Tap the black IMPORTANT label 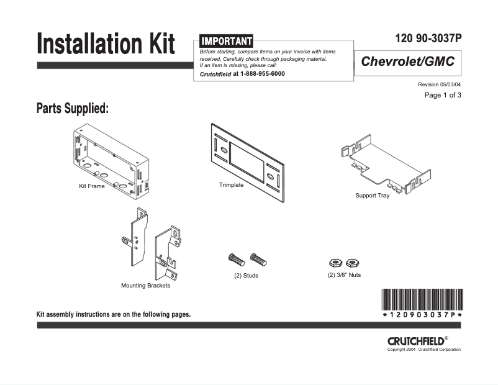pyautogui.click(x=226, y=41)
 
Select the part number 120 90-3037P pyautogui.click(x=428, y=38)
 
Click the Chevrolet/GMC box pyautogui.click(x=407, y=62)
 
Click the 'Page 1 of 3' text pyautogui.click(x=442, y=95)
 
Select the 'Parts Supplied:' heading pyautogui.click(x=73, y=109)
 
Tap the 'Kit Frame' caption pyautogui.click(x=91, y=186)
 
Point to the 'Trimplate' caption pyautogui.click(x=231, y=185)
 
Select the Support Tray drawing pyautogui.click(x=380, y=163)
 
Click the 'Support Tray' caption pyautogui.click(x=372, y=196)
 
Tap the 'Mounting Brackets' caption pyautogui.click(x=145, y=286)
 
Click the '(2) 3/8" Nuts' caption pyautogui.click(x=344, y=274)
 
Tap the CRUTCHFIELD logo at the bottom pyautogui.click(x=415, y=341)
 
